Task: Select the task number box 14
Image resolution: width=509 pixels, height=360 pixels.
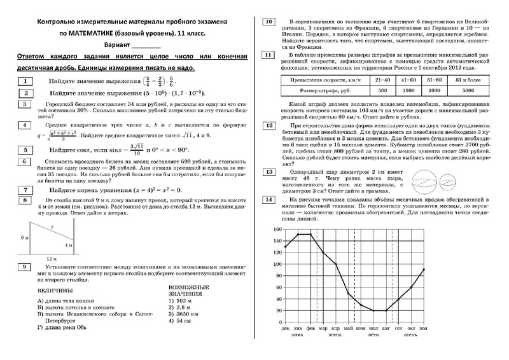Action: click(x=268, y=201)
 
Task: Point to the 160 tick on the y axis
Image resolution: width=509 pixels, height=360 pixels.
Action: click(x=275, y=229)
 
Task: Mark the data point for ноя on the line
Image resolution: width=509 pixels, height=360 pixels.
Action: click(x=424, y=270)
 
